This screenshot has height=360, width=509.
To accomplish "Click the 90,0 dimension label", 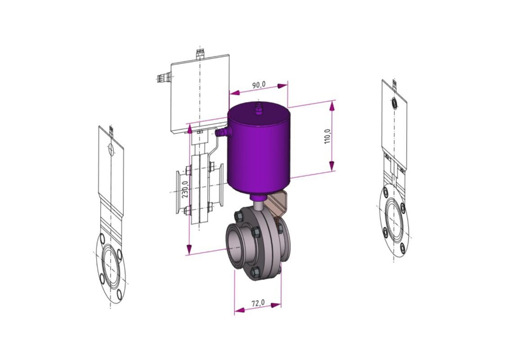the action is pos(259,85).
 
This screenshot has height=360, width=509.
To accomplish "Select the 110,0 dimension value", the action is pos(327,136).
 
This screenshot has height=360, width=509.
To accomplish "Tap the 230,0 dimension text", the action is pos(185,189).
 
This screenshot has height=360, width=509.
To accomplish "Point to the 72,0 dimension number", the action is pos(258,303).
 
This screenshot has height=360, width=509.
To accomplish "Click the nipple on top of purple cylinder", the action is pos(259,109).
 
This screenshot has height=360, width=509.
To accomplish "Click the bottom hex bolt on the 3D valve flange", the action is pos(256,272).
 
